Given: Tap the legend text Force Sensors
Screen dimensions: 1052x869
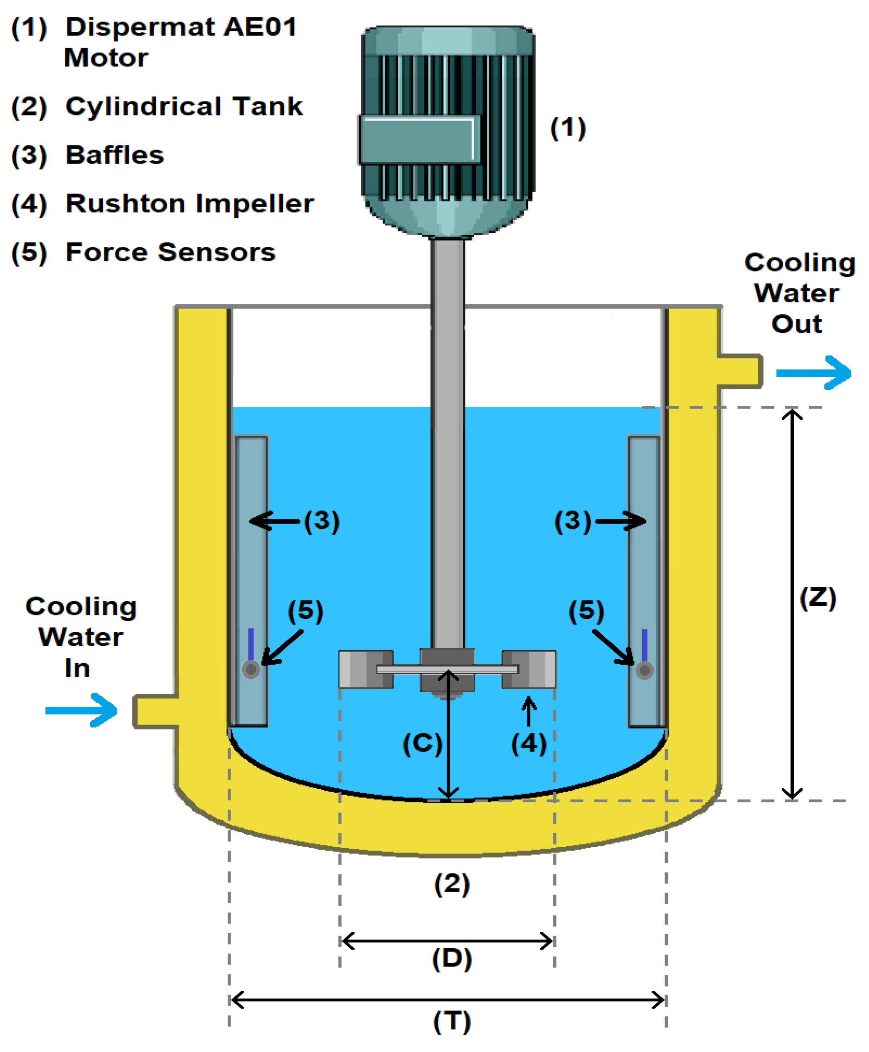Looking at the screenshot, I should [170, 252].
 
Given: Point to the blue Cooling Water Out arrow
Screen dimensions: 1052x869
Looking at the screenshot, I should [813, 373].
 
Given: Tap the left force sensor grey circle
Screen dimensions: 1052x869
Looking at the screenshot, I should [251, 669].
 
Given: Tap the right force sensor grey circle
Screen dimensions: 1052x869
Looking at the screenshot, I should [644, 670].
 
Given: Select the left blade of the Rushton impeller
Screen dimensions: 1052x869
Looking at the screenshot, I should [365, 669].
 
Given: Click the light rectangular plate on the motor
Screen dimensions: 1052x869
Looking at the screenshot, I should [420, 140].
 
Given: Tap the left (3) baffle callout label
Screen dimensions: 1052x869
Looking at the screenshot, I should [322, 520].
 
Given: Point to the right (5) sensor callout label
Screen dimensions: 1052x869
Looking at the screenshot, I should [586, 610].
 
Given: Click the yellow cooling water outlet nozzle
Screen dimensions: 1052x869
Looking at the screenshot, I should [739, 371].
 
